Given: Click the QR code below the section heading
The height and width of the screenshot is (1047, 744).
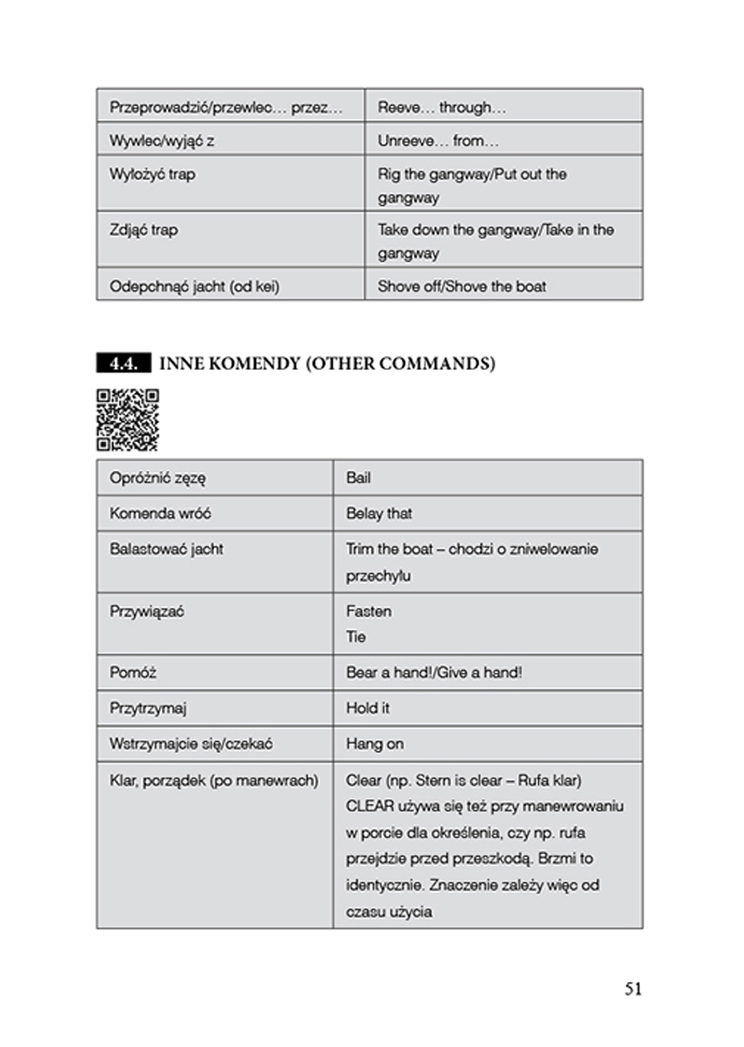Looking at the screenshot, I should click(x=128, y=420).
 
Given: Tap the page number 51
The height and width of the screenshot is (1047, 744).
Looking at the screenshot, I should click(x=633, y=989).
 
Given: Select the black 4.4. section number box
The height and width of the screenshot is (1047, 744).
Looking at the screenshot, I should click(x=123, y=363).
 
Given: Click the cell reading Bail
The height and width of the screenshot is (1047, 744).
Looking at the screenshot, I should click(x=359, y=478).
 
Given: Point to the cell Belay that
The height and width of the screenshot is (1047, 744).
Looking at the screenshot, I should click(x=379, y=513).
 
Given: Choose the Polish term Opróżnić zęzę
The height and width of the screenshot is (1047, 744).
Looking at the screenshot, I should click(x=158, y=478).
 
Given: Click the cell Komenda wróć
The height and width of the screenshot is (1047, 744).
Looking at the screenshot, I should click(x=160, y=513).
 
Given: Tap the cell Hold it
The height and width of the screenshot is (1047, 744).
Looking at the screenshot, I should click(x=368, y=708).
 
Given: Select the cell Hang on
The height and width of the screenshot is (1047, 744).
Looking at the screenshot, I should click(x=375, y=744).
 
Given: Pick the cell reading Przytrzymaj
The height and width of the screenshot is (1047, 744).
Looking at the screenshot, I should click(x=148, y=708).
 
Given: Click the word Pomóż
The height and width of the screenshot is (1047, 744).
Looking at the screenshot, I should click(x=133, y=673).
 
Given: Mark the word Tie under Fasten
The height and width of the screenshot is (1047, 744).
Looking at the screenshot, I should click(x=356, y=636).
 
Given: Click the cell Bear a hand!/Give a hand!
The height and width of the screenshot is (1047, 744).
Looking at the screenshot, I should click(x=434, y=673).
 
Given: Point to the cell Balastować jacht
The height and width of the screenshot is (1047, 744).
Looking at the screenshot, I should click(x=166, y=549).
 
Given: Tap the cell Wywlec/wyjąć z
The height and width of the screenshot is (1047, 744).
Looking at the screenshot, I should click(x=162, y=141).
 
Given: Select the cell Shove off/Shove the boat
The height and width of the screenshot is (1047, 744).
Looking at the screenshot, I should click(x=462, y=286).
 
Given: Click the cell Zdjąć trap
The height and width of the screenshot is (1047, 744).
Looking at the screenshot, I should click(x=144, y=230).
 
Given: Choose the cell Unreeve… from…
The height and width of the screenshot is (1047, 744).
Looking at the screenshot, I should click(x=438, y=141).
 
